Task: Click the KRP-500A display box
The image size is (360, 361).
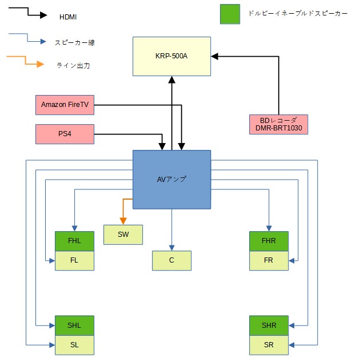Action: [x=171, y=56]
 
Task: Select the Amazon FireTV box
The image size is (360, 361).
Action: [x=65, y=105]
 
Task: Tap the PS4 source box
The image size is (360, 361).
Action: [x=65, y=134]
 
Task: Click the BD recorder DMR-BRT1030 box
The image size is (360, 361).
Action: [x=279, y=124]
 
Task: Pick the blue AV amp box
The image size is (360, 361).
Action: [x=171, y=179]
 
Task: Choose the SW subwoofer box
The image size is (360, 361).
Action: [x=123, y=235]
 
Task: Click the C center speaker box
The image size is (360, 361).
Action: [x=171, y=260]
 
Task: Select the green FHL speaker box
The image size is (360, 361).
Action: [x=74, y=241]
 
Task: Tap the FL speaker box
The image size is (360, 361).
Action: [x=74, y=260]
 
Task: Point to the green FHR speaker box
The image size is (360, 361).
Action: [x=269, y=241]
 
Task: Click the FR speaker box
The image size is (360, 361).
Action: [x=269, y=260]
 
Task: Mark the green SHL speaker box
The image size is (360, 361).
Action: [x=74, y=325]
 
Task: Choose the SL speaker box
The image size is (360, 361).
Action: [x=74, y=344]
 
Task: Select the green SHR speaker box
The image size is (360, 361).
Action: [x=269, y=325]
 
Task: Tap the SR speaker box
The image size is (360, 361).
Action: [x=269, y=344]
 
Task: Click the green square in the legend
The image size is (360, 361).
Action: [x=229, y=14]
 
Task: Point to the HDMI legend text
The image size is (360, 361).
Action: [x=68, y=17]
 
